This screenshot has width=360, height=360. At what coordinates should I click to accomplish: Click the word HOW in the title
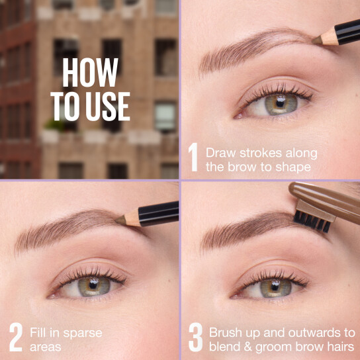coord(90,73)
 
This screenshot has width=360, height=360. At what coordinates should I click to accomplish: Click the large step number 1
coord(193,157)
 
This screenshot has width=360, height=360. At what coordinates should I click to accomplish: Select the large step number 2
coord(15,336)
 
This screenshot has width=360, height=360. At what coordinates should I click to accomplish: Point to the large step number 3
coord(195,336)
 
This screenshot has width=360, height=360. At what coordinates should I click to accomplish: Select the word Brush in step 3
coord(225,332)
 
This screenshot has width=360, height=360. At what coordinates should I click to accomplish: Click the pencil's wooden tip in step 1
coord(326,39)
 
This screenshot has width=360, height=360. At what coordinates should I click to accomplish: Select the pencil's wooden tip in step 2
coord(128,219)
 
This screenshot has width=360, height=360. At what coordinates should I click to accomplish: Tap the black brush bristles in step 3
coord(312,221)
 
